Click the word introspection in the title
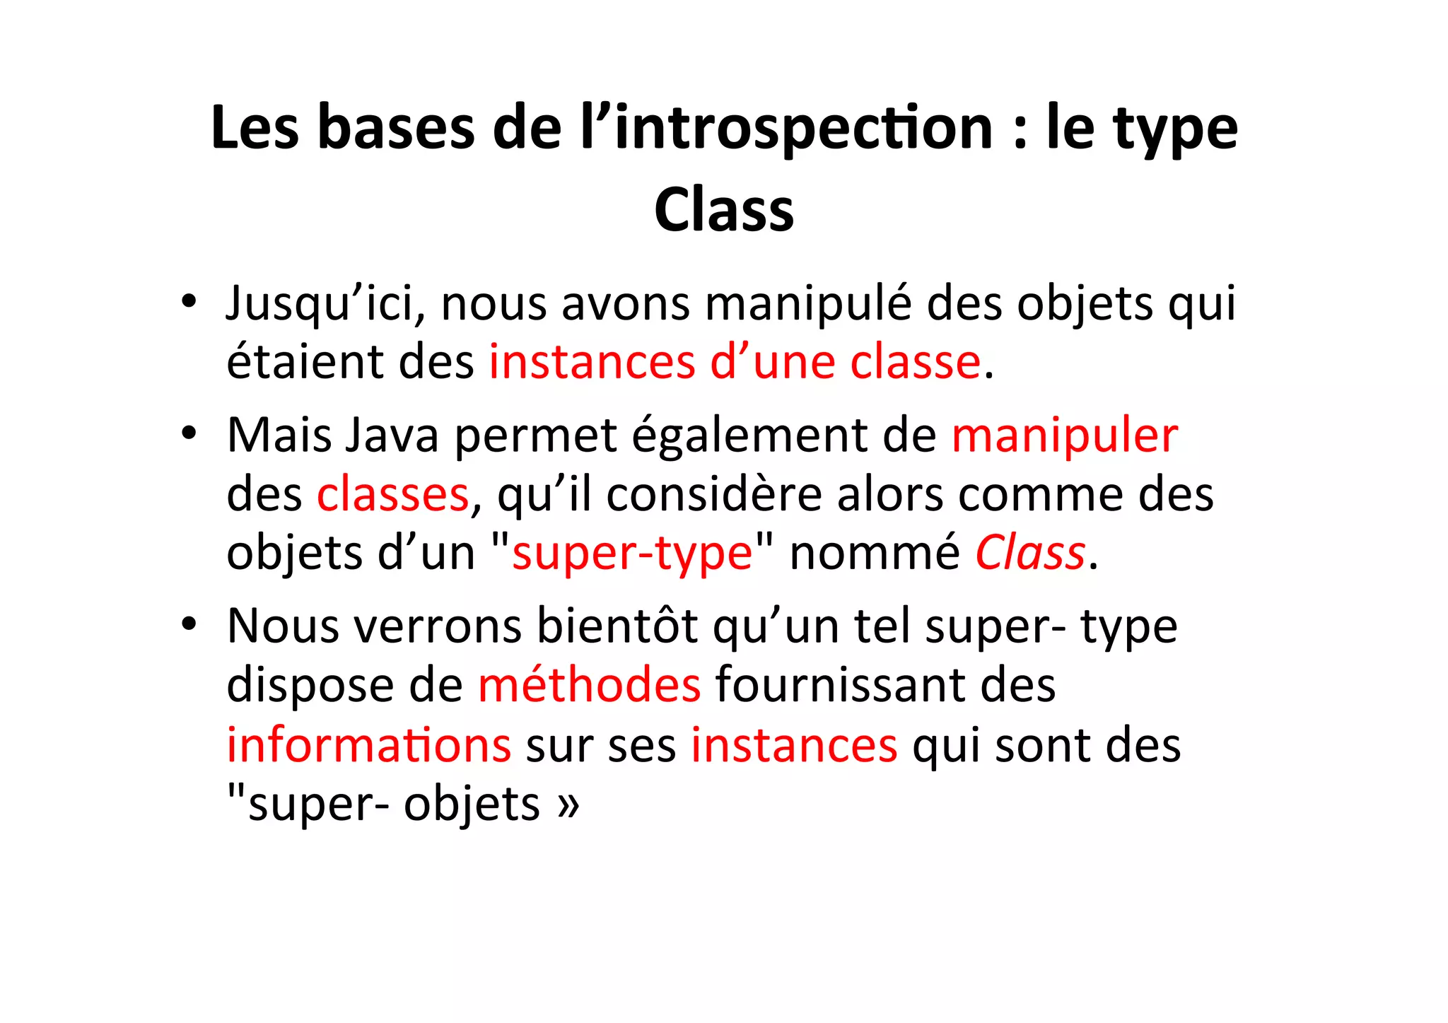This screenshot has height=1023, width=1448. [803, 129]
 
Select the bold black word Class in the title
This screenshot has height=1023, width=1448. [724, 210]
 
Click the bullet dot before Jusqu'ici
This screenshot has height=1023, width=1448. [187, 303]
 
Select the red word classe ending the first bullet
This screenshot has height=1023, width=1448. [915, 362]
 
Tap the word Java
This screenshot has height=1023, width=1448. [392, 435]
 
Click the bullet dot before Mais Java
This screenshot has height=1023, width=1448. [187, 433]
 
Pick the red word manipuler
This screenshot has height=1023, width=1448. [1065, 435]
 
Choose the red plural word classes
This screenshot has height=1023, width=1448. [392, 494]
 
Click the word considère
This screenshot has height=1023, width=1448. [714, 494]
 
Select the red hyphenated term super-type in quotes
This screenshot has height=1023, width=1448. [632, 553]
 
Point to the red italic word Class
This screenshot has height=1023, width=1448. [1030, 553]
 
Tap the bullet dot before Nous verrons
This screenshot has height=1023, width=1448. [187, 625]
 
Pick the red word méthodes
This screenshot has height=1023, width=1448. [589, 685]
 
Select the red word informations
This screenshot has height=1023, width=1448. [368, 745]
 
